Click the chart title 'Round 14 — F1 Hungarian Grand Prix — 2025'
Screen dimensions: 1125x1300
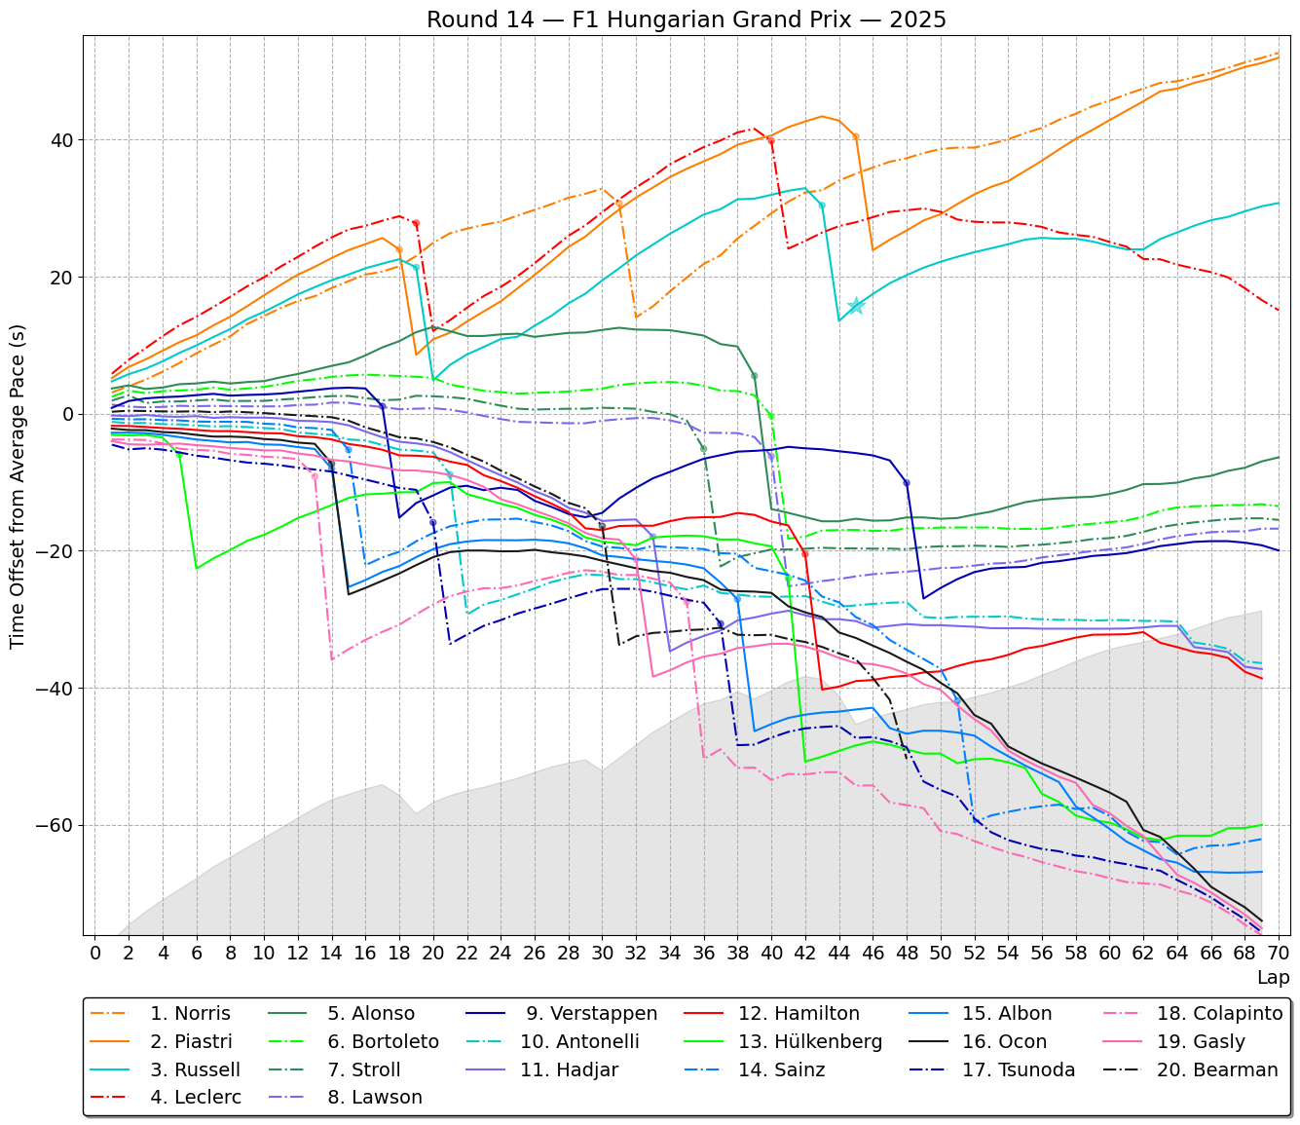point(687,19)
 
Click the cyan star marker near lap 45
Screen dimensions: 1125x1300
point(856,306)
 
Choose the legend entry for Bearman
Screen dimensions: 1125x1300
point(1216,1069)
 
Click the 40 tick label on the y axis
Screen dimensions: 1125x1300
point(62,140)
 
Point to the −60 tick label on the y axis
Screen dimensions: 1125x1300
point(56,825)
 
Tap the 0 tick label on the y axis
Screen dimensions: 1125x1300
point(68,414)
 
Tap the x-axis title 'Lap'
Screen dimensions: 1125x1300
point(1273,977)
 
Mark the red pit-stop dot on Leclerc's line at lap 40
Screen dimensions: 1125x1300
point(771,140)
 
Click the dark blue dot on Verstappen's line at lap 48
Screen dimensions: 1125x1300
point(907,482)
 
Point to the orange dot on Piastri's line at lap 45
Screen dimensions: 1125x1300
point(856,136)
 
